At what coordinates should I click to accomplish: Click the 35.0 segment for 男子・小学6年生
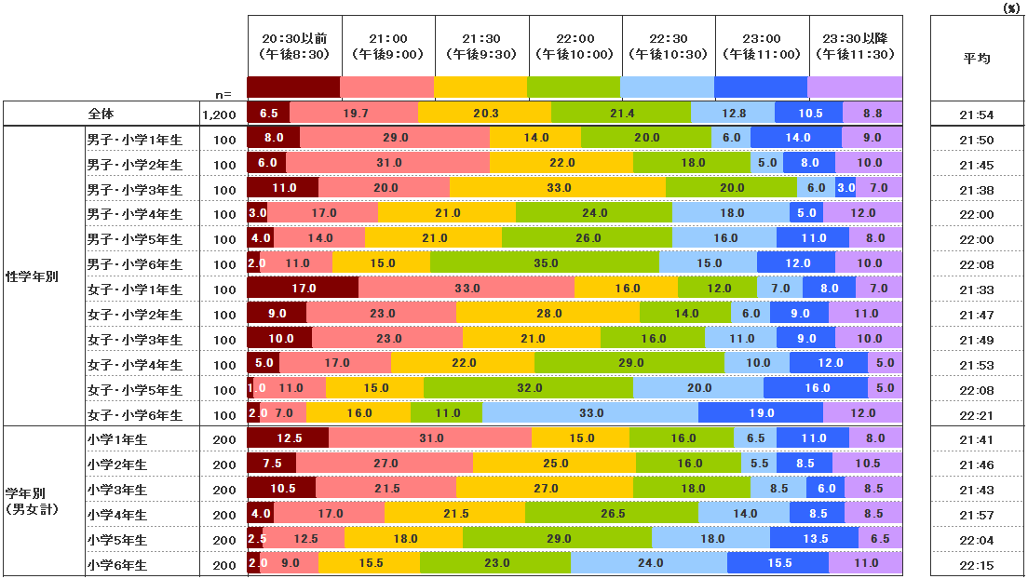click(545, 263)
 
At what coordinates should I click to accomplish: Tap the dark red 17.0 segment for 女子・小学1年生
click(303, 289)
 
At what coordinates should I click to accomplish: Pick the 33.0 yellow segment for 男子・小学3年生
click(558, 187)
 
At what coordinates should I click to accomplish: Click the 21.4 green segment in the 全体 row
click(621, 113)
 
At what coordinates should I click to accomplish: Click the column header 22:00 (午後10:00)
click(575, 46)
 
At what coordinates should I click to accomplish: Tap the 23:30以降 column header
click(855, 46)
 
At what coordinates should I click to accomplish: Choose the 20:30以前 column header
click(294, 46)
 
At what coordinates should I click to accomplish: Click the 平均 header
click(977, 58)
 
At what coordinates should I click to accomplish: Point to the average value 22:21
click(977, 415)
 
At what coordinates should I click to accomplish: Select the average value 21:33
click(977, 289)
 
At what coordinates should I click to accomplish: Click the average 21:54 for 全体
click(977, 114)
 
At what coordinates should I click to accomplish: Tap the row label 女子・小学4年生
click(135, 365)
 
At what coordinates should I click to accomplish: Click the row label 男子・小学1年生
click(135, 139)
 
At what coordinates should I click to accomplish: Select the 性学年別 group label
click(33, 276)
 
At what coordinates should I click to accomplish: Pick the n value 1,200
click(219, 114)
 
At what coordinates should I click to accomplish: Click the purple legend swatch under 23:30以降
click(855, 87)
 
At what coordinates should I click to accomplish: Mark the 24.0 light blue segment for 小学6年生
click(648, 562)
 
